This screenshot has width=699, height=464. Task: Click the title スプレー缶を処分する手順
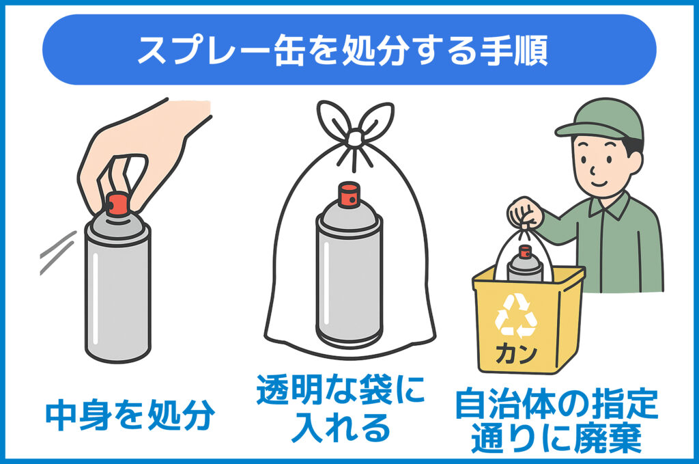(x=343, y=49)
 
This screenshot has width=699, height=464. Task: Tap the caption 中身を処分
(x=130, y=415)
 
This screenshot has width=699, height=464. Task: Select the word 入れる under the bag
(x=341, y=428)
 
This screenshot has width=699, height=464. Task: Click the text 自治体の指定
(x=557, y=405)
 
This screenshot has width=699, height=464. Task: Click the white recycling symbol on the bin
(x=516, y=315)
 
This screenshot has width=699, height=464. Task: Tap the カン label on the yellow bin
(x=516, y=355)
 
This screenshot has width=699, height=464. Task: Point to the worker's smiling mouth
(x=599, y=183)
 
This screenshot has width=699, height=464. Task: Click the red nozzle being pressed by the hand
(x=117, y=204)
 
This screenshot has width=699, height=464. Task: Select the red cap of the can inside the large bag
(x=349, y=195)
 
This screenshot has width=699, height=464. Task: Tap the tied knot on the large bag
(x=354, y=138)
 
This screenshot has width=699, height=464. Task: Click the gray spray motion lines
(x=57, y=253)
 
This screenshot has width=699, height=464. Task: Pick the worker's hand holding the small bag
(x=526, y=214)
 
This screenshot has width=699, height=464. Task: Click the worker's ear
(x=636, y=163)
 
